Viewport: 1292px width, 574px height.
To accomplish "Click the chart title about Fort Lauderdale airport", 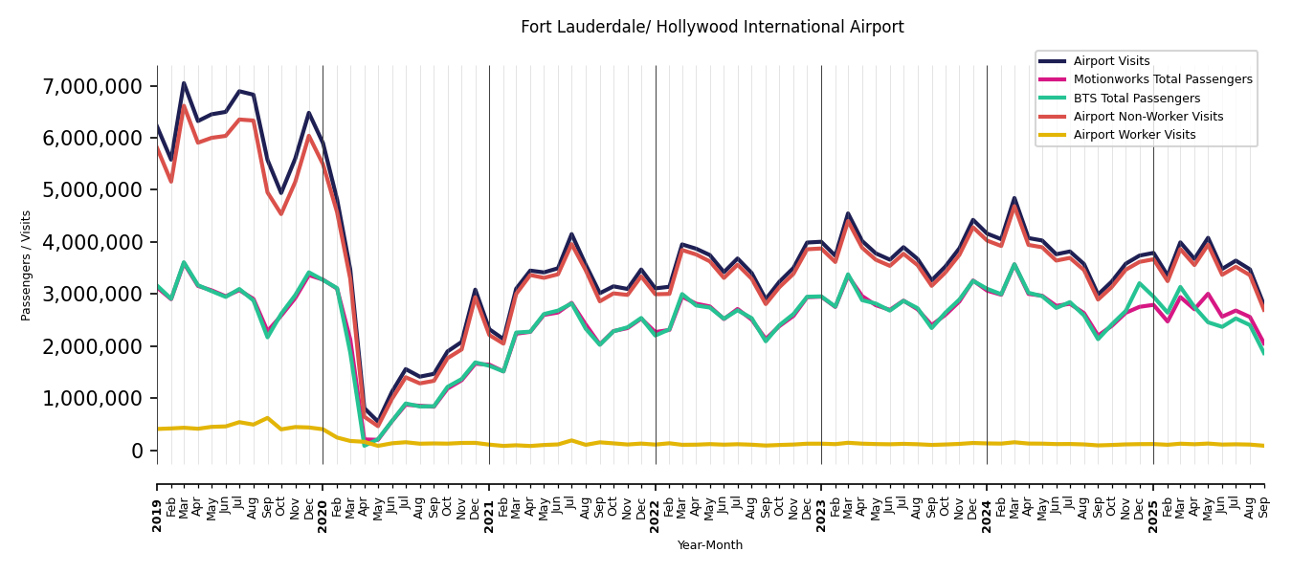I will coord(712,28).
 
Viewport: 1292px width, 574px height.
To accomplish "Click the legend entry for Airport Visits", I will coord(1111,61).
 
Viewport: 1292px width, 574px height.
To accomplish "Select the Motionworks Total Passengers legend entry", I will coord(1162,79).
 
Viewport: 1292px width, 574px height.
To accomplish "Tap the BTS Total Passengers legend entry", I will coord(1136,99).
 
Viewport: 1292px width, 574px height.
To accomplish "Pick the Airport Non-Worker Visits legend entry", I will coord(1147,117).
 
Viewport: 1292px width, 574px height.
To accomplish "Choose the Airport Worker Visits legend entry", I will coord(1134,135).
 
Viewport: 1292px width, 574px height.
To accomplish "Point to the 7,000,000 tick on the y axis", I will coord(92,86).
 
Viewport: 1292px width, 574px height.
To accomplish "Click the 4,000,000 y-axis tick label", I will coord(92,242).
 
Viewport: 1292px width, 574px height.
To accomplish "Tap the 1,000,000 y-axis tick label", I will coord(92,398).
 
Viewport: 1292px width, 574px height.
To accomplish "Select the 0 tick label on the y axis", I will coord(138,451).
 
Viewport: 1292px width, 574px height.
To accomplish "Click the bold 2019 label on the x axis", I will coord(157,502).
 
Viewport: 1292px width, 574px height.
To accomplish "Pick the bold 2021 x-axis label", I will coord(489,502).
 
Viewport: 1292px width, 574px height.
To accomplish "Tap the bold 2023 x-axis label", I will coord(821,502).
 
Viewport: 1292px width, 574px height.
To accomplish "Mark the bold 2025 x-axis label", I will coord(1153,502).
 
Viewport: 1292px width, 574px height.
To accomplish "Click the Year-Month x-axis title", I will coord(710,545).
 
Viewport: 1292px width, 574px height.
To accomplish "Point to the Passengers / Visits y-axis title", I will coord(27,265).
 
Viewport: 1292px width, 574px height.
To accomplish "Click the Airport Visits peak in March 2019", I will coord(184,83).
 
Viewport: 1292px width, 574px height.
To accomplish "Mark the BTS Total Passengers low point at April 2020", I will coord(365,445).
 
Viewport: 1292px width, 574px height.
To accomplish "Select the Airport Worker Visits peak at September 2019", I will coord(267,418).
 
